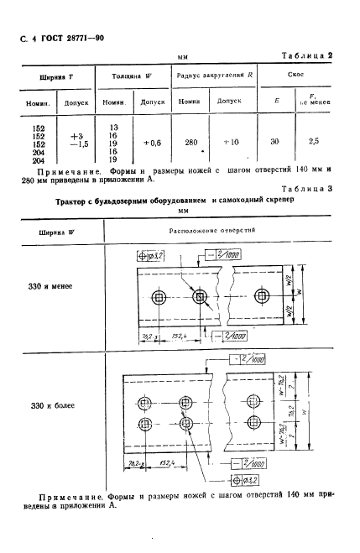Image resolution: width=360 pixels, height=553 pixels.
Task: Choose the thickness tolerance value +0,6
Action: [x=151, y=143]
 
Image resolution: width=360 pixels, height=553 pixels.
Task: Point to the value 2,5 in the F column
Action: [x=314, y=143]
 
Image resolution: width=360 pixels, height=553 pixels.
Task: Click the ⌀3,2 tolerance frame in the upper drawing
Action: [x=149, y=253]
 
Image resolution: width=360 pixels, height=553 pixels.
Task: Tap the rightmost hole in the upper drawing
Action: [x=263, y=297]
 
